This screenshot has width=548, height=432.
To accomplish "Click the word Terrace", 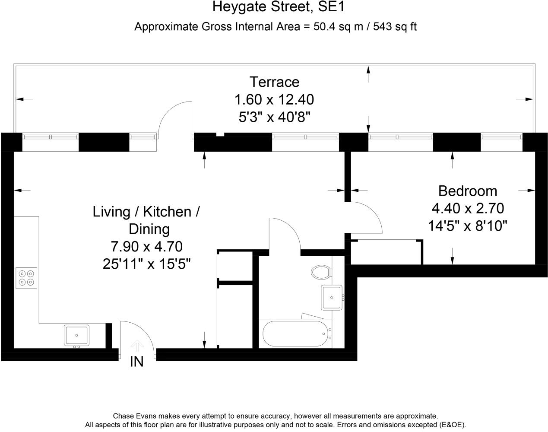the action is [274, 82].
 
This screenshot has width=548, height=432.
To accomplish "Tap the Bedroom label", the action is [468, 191].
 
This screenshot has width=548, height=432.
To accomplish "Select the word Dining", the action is [149, 229].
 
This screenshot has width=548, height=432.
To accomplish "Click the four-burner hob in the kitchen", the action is [26, 278].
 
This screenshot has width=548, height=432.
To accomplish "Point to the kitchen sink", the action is [76, 335].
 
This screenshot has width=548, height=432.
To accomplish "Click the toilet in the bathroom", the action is [321, 272].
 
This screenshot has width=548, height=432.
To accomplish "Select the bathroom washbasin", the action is [332, 298].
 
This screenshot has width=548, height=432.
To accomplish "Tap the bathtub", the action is [295, 334].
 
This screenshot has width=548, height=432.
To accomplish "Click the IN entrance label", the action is [137, 362].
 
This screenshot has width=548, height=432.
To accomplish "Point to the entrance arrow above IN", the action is [137, 346].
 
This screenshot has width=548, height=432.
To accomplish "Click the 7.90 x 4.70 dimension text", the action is [147, 246].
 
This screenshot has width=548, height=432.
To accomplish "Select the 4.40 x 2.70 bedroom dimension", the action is [468, 208].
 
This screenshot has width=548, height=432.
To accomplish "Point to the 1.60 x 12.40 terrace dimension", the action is [274, 100].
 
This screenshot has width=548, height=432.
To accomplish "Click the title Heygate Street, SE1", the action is [279, 7].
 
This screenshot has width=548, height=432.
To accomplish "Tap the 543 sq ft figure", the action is [395, 26].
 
